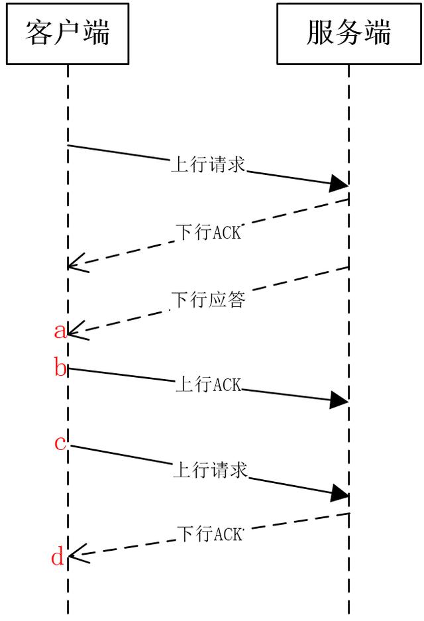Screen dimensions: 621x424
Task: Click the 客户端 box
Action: (x=67, y=33)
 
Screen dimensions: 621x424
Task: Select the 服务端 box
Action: (x=348, y=33)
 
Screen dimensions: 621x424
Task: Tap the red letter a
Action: (x=60, y=330)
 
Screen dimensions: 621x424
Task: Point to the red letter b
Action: (x=60, y=368)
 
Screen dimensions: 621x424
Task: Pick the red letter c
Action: (x=60, y=442)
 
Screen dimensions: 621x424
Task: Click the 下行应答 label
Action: (x=209, y=300)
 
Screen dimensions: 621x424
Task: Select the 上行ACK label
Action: (x=208, y=385)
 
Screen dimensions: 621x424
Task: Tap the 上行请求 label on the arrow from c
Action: (x=209, y=470)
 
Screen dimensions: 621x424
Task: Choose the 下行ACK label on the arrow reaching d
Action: (x=210, y=534)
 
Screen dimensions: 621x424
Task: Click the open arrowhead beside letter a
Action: (x=76, y=329)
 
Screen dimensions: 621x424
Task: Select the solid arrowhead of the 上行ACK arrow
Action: (x=339, y=400)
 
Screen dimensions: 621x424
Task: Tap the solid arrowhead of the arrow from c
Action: (x=340, y=494)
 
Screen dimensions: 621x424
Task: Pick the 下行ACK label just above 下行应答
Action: (x=209, y=232)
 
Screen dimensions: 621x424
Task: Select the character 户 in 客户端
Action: (x=67, y=32)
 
